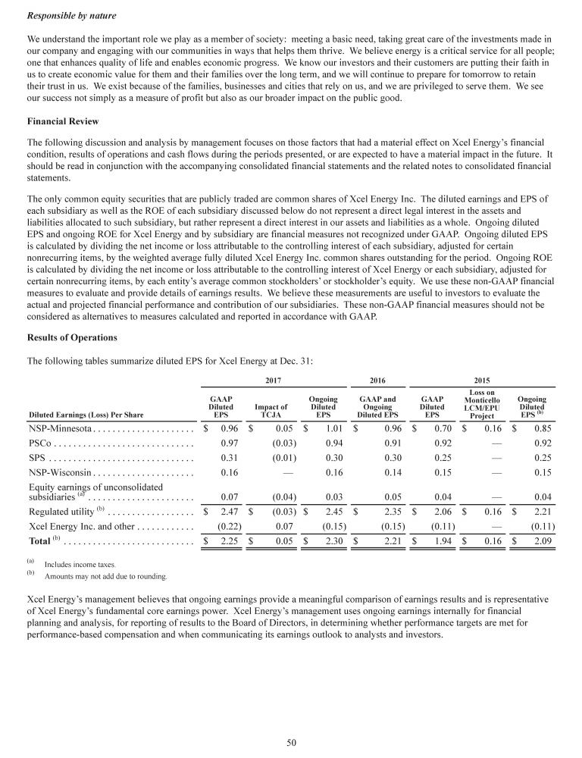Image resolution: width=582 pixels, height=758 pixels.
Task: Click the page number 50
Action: pos(291,742)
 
